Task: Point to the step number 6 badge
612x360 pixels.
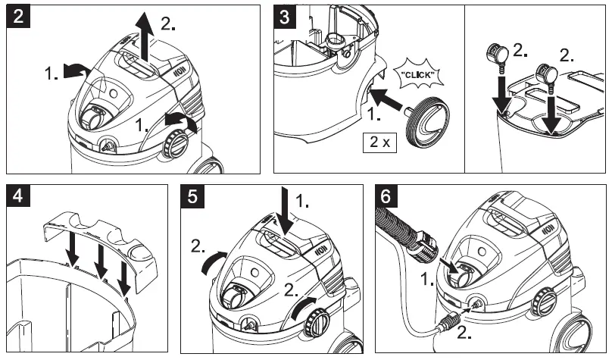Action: (x=387, y=197)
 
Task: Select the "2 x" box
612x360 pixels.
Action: (x=379, y=143)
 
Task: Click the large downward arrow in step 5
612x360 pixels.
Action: (x=282, y=212)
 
